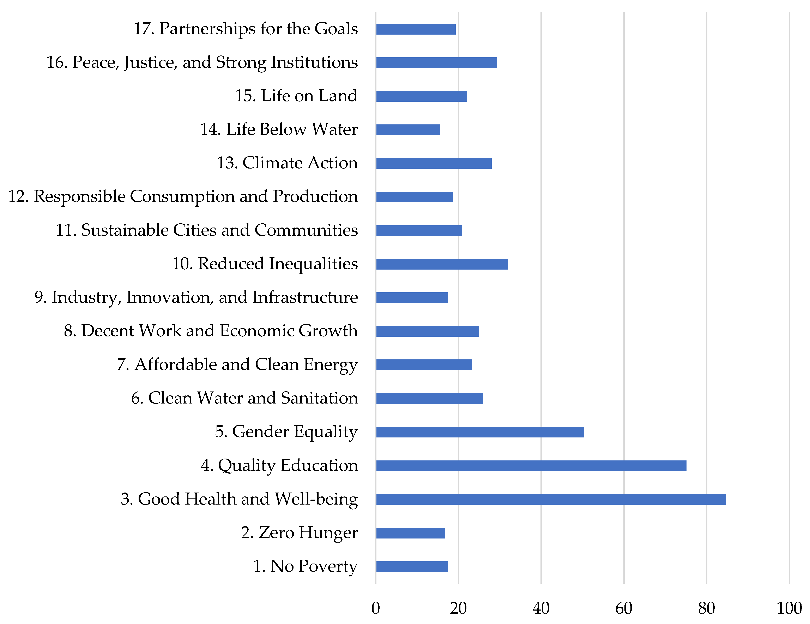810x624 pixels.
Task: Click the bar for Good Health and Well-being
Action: [x=551, y=499]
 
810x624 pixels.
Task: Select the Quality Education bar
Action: [x=531, y=465]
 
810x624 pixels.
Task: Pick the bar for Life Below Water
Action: [x=408, y=130]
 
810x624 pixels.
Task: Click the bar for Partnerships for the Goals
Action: [x=416, y=29]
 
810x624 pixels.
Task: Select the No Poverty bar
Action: [x=412, y=566]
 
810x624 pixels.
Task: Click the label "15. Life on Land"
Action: [x=296, y=96]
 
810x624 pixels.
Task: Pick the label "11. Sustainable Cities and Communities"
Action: [x=207, y=230]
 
